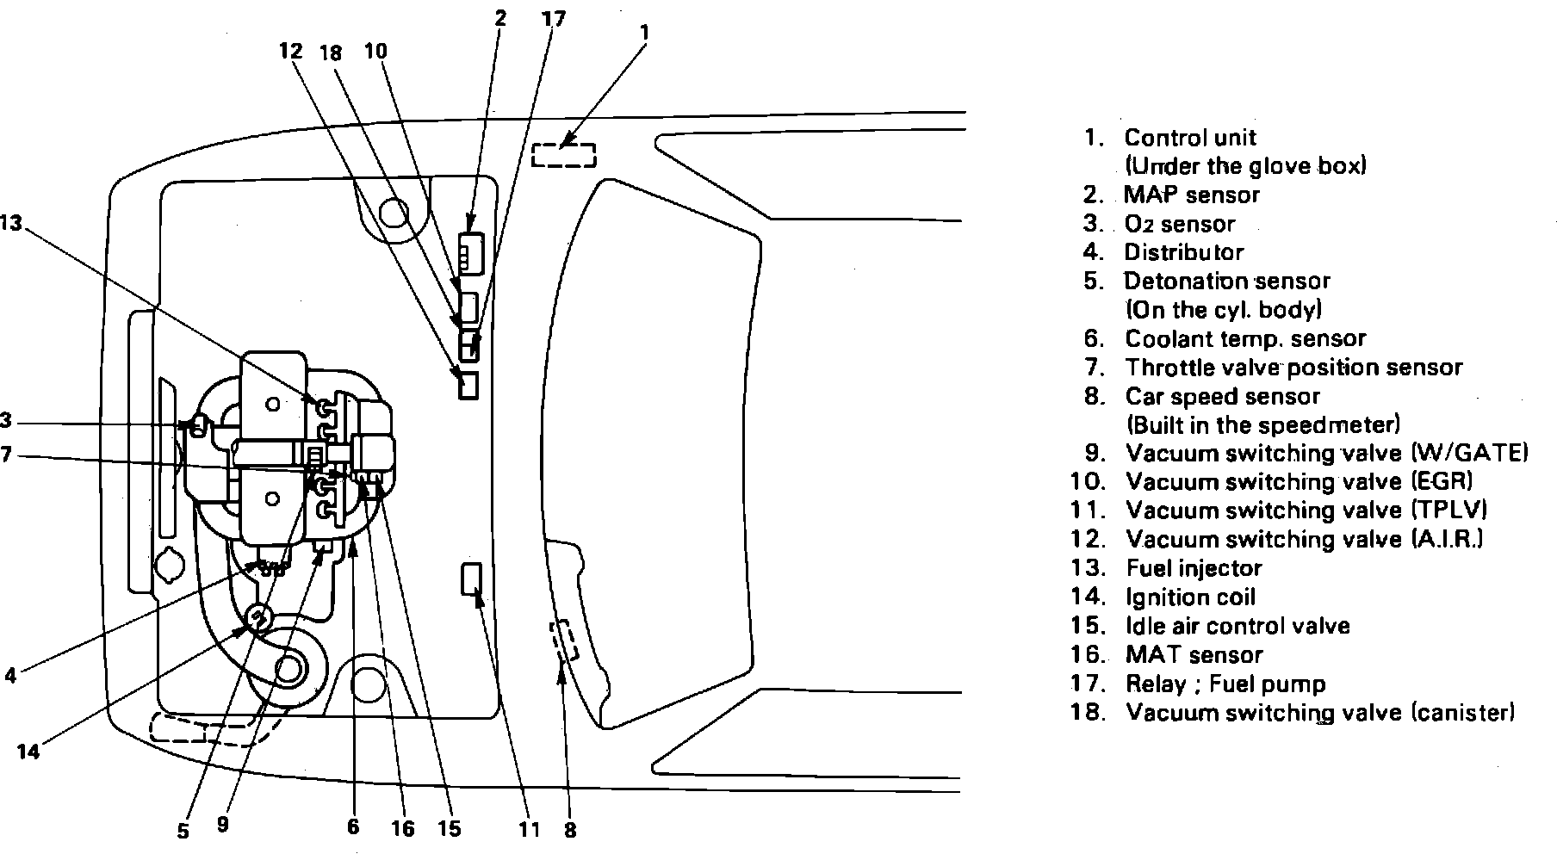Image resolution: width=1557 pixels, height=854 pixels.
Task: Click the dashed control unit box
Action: coord(563,155)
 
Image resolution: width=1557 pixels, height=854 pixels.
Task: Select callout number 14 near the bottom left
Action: coord(28,752)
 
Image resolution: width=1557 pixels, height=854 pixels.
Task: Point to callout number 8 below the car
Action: coord(570,830)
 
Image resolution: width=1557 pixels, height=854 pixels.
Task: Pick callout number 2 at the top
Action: coord(500,17)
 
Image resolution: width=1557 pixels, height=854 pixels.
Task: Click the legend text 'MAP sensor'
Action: coord(1192,195)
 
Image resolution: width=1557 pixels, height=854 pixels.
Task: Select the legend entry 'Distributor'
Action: coord(1184,252)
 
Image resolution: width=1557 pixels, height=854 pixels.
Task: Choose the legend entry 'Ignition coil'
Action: coord(1191,597)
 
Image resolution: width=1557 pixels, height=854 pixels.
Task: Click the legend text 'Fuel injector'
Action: coord(1194,568)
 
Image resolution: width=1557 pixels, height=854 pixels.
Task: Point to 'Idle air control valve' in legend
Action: coord(1238,626)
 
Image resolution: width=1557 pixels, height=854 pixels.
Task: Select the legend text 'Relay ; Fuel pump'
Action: coord(1225,684)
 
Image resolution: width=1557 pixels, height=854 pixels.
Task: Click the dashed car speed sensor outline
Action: coord(564,640)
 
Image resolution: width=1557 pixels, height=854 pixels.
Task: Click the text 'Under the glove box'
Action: coord(1245,166)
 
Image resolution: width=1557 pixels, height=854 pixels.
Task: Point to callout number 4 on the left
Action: coord(9,675)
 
